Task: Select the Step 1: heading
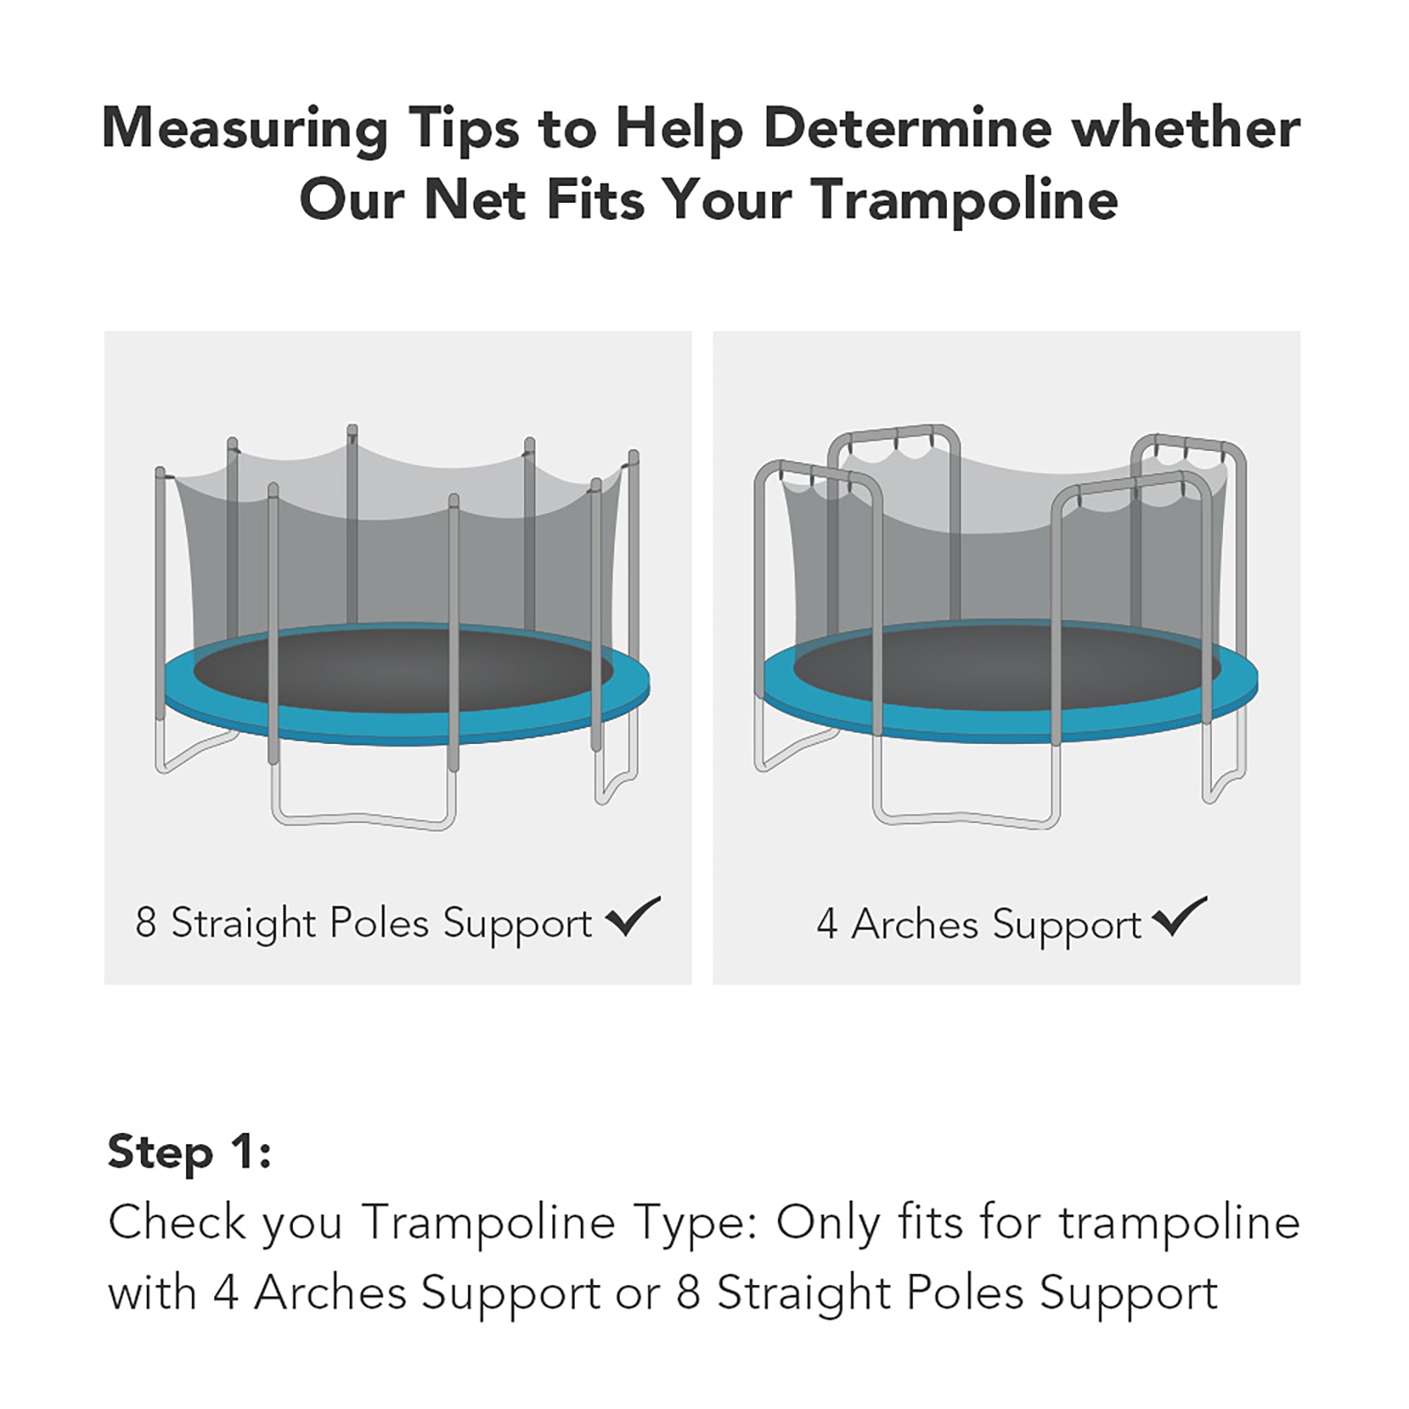click(x=190, y=1153)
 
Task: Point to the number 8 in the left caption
click(x=145, y=924)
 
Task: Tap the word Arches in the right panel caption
click(x=914, y=925)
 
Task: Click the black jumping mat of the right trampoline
click(x=1007, y=667)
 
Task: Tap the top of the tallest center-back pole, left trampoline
click(x=352, y=430)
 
